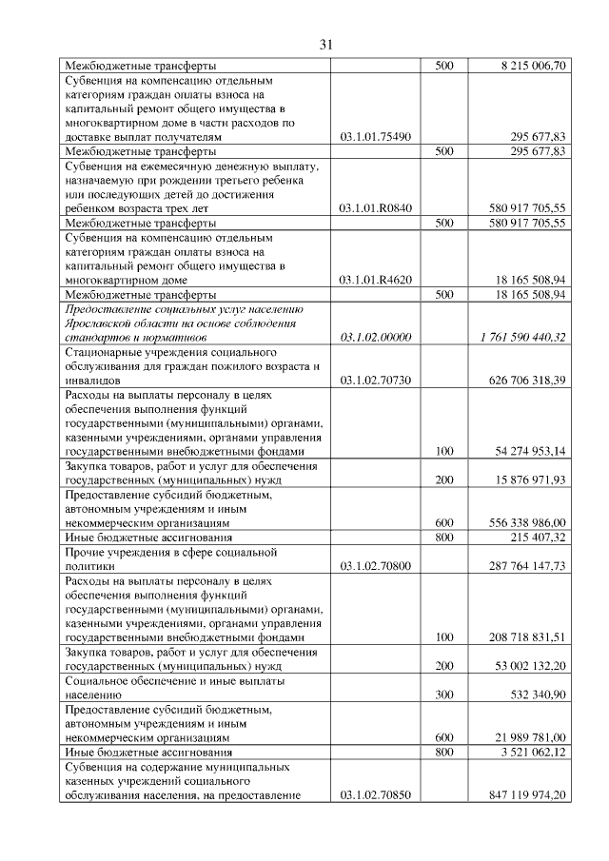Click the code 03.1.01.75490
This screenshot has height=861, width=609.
375,137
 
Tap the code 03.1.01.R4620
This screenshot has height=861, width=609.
375,281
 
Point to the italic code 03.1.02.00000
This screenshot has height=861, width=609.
375,338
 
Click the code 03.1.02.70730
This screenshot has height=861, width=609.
375,381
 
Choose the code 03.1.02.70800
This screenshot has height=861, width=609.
375,565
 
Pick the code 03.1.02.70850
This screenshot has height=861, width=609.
375,794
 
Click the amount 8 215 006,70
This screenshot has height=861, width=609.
533,66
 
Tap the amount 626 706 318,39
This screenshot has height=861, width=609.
525,381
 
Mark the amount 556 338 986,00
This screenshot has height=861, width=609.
526,522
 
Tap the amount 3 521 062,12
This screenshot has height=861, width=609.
533,752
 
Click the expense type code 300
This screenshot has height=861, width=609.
444,695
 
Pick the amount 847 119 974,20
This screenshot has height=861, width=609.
525,794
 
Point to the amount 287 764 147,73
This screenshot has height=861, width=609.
525,565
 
